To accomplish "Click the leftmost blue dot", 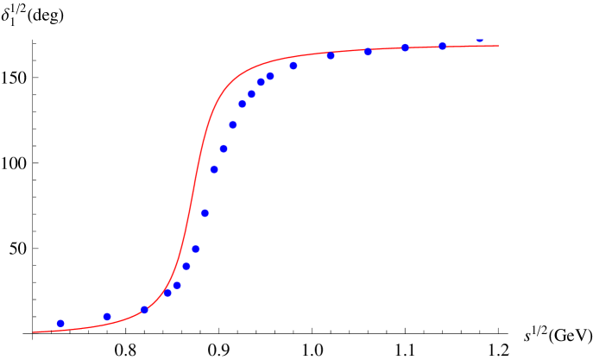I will coord(60,323).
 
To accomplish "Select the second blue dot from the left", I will coord(107,316).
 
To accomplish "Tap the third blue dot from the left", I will coord(144,309).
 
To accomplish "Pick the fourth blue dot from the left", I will coord(167,293).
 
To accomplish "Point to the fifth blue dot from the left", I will coord(177,285).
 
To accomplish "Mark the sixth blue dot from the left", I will coord(186,266).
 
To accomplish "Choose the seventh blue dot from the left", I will coord(196,249).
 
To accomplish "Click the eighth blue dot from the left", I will coord(205,213).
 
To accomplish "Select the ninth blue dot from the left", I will coord(214,169).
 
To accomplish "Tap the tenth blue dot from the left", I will coord(224,148).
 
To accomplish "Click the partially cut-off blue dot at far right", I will coord(479,41).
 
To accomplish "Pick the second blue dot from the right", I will coord(442,46).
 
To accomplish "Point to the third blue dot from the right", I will coord(405,47).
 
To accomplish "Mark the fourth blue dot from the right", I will coord(368,52).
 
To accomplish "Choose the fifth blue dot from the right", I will coord(331,56).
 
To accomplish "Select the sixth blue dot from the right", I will coord(293,66).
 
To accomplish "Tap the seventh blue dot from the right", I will coord(270,76).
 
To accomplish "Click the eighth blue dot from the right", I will coord(261,82).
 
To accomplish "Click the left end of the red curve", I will coord(34,332).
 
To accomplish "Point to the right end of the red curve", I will coord(498,46).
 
